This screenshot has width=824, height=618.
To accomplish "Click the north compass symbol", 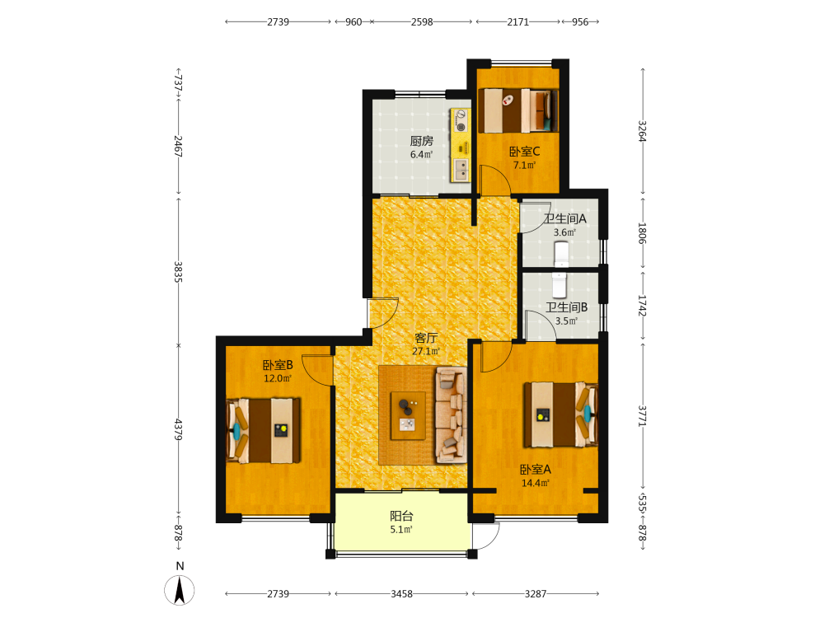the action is tap(179, 590).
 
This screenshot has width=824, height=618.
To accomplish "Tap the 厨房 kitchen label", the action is tap(421, 141).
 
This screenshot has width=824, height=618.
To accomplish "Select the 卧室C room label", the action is tap(524, 152).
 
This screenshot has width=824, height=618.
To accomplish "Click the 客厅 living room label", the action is tap(426, 338).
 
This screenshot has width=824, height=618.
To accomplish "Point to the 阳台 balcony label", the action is tap(401, 517).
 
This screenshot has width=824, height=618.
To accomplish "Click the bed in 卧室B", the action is tap(264, 430).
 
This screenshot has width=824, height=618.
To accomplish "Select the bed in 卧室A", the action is tap(560, 414).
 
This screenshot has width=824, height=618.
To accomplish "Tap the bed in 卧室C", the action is tap(517, 111).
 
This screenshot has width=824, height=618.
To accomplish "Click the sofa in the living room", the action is tap(451, 415).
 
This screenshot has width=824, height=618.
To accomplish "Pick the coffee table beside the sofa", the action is tap(408, 415).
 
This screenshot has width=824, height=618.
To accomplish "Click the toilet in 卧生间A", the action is tap(562, 254).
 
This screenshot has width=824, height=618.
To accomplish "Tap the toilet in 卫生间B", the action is tap(559, 285).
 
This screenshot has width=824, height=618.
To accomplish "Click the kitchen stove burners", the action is tap(461, 120).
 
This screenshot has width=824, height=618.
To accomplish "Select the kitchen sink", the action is tap(461, 170).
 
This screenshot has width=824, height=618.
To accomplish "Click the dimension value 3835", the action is tap(178, 272).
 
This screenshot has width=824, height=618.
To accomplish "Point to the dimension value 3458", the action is tap(401, 594).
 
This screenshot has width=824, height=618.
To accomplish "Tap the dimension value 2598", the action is tap(422, 22).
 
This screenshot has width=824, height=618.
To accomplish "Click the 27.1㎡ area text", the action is tap(426, 351).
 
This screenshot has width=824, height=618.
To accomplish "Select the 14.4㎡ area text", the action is tap(536, 483).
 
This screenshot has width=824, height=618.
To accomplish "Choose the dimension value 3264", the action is tap(642, 131).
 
